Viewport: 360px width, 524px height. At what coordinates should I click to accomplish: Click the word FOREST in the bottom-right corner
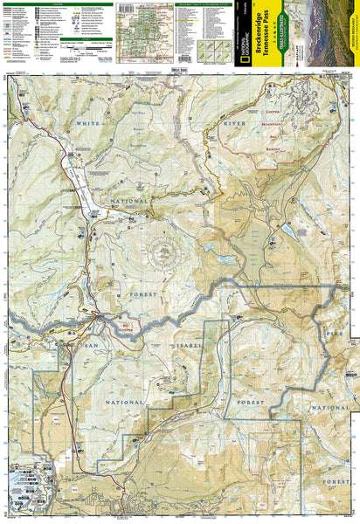336,480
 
